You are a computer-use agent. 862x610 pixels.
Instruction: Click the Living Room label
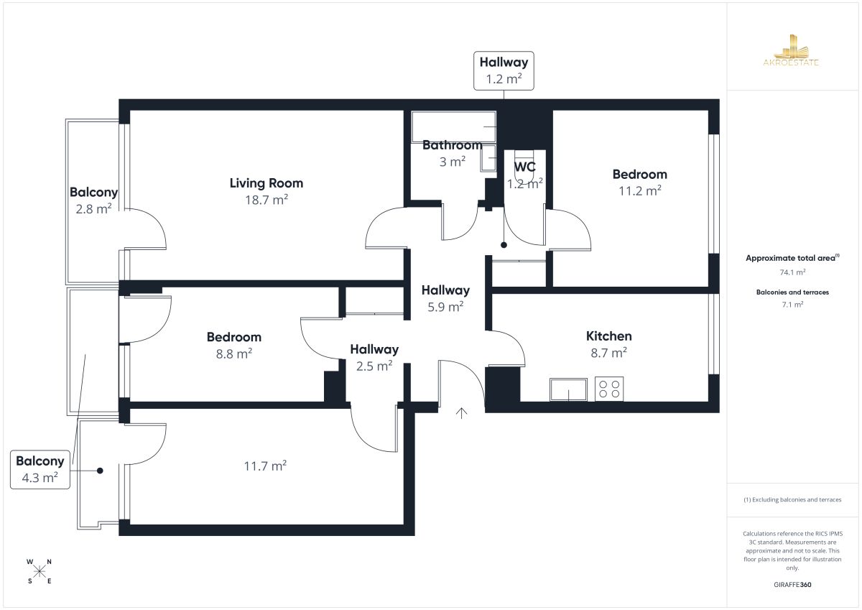[x=267, y=183]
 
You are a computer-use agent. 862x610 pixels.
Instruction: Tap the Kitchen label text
[x=609, y=336]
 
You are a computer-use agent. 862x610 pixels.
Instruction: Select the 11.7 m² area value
[x=265, y=466]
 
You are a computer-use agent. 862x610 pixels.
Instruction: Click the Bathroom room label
[x=452, y=145]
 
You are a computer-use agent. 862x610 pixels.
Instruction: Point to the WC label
[x=524, y=167]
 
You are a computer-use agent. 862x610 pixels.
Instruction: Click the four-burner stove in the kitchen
[x=609, y=389]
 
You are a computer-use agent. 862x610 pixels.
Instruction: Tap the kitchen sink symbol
[x=568, y=389]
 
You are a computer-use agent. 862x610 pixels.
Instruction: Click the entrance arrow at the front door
[x=461, y=413]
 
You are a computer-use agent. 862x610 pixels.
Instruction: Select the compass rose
[x=40, y=571]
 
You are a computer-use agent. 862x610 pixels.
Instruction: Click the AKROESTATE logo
[x=791, y=50]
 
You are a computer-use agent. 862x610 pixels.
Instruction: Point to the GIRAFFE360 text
[x=792, y=585]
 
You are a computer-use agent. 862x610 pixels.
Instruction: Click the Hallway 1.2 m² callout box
[x=504, y=71]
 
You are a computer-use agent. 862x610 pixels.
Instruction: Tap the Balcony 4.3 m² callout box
[x=40, y=469]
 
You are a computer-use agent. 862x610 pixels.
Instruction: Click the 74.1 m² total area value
[x=792, y=272]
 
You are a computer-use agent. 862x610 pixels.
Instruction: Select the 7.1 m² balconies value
[x=792, y=305]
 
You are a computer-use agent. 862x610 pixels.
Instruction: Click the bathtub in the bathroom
[x=454, y=126]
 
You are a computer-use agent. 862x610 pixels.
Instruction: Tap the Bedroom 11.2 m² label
[x=639, y=182]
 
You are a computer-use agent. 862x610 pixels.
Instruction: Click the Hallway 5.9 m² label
[x=445, y=298]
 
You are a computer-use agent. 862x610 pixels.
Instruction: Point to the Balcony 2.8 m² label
[x=93, y=200]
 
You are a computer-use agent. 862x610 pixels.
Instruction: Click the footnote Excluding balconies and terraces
[x=792, y=499]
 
